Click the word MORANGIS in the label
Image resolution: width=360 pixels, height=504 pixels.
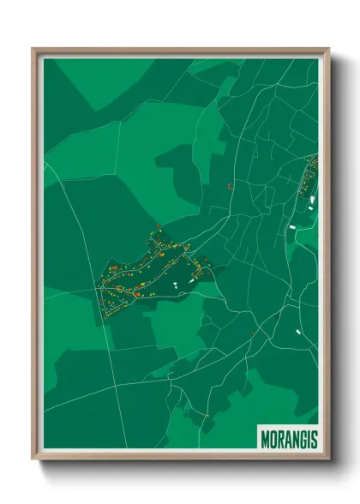[x=288, y=439]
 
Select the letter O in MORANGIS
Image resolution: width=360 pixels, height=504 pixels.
[x=273, y=439]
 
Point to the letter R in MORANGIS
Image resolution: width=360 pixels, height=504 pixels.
[x=280, y=439]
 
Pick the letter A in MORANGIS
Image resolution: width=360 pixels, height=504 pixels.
[x=288, y=439]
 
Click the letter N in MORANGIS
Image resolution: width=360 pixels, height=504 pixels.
[x=296, y=439]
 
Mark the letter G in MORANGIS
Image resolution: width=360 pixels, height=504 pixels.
[x=303, y=439]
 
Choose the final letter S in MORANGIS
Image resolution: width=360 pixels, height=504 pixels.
[x=314, y=439]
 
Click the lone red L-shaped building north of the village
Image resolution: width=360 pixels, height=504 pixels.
[x=230, y=184]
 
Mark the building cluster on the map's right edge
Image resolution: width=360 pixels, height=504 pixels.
[x=307, y=184]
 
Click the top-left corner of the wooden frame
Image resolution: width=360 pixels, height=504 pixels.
[x=33, y=49]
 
